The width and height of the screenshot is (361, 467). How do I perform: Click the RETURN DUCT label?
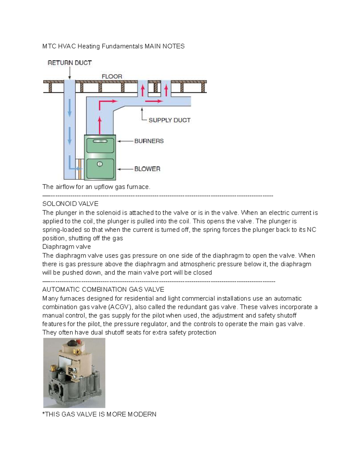point(69,63)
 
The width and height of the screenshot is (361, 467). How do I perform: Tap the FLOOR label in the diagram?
point(112,76)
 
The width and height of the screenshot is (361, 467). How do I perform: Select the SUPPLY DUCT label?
point(169,120)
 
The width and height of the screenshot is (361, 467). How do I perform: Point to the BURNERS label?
point(149,141)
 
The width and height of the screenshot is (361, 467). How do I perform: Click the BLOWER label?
point(147,169)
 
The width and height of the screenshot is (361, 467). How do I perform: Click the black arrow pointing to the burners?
point(125,141)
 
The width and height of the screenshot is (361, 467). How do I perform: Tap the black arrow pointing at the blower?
point(125,169)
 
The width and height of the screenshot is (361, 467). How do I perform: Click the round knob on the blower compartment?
point(100,164)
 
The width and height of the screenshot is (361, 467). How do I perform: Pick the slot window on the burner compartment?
point(100,141)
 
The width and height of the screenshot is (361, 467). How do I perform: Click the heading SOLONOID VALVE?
point(70,204)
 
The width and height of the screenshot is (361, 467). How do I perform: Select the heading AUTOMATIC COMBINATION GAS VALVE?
point(103,290)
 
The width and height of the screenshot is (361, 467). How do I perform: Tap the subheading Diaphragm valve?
point(66,247)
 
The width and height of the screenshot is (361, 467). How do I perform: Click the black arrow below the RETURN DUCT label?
point(69,73)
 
